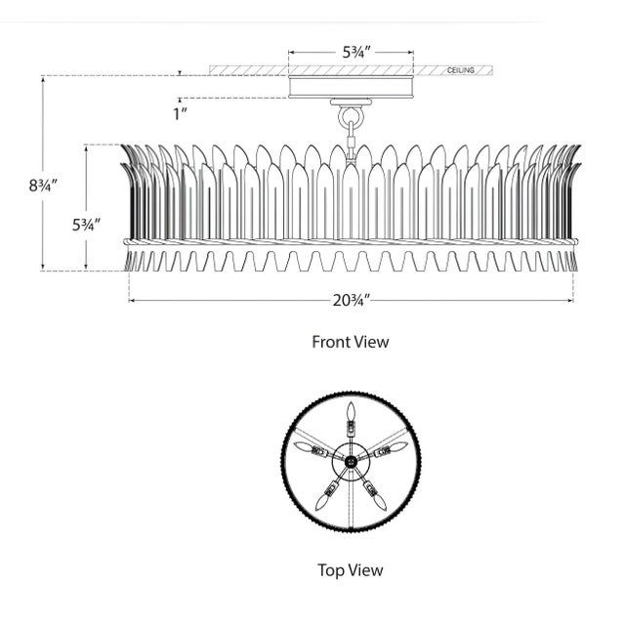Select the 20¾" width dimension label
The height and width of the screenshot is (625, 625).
[x=350, y=301]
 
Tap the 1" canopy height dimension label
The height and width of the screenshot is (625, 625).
[x=179, y=112]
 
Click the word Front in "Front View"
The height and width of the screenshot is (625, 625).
[x=332, y=342]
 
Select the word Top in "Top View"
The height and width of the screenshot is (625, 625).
[x=332, y=570]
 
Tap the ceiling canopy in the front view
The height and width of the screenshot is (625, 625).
[x=351, y=87]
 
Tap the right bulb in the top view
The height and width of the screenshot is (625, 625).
[x=394, y=447]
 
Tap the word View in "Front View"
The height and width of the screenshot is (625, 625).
[x=371, y=342]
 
